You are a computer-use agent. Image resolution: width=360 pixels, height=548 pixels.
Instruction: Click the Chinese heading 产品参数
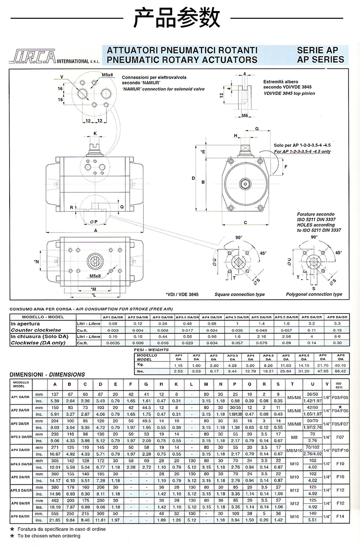[180, 18]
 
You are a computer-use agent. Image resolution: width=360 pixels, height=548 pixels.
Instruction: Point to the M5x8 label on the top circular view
[107, 75]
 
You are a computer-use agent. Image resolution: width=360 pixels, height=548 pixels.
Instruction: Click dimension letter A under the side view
[96, 231]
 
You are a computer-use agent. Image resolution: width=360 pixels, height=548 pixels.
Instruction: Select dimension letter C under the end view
[245, 222]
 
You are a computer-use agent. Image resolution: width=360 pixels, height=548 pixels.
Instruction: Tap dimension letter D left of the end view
[193, 179]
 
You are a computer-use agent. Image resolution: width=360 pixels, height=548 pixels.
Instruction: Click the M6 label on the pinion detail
[244, 116]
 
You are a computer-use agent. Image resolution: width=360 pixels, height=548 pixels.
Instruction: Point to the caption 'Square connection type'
[240, 294]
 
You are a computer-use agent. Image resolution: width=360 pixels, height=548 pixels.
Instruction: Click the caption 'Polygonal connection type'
[314, 294]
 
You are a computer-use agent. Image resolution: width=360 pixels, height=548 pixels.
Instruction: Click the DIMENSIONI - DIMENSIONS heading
[47, 374]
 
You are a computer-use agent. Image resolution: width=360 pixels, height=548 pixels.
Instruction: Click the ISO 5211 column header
[339, 385]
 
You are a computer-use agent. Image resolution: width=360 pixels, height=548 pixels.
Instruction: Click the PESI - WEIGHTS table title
[146, 350]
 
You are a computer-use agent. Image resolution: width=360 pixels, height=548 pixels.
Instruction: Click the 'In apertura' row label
[26, 324]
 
